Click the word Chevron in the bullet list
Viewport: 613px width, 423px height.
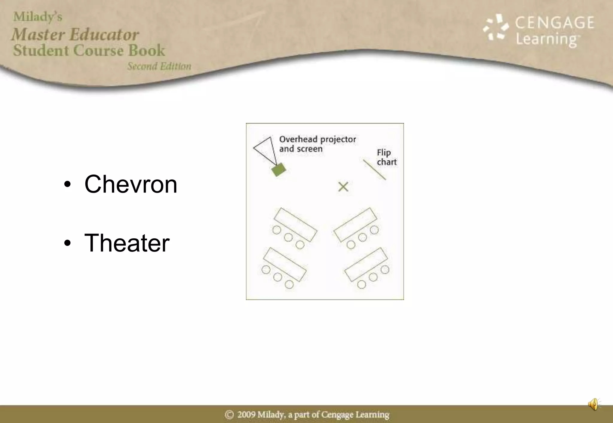click(131, 184)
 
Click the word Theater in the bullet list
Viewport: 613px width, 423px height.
click(127, 243)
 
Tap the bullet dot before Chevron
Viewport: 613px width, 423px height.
click(68, 185)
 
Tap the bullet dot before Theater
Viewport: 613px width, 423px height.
click(68, 243)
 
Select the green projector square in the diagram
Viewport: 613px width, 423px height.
click(279, 170)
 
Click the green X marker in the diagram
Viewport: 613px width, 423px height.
click(343, 187)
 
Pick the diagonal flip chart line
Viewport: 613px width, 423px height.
click(374, 170)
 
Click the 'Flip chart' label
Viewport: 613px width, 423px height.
click(386, 157)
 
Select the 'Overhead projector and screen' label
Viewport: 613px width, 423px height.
click(317, 144)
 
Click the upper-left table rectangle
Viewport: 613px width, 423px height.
click(295, 225)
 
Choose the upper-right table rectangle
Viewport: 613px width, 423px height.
click(355, 225)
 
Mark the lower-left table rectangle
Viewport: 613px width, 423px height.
click(285, 264)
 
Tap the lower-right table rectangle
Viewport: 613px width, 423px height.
click(366, 264)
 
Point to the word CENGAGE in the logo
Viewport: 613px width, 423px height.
click(555, 23)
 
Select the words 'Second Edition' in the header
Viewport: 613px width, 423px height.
click(159, 66)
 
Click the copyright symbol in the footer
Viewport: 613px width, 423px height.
click(229, 415)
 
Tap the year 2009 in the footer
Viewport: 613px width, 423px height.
click(246, 415)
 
